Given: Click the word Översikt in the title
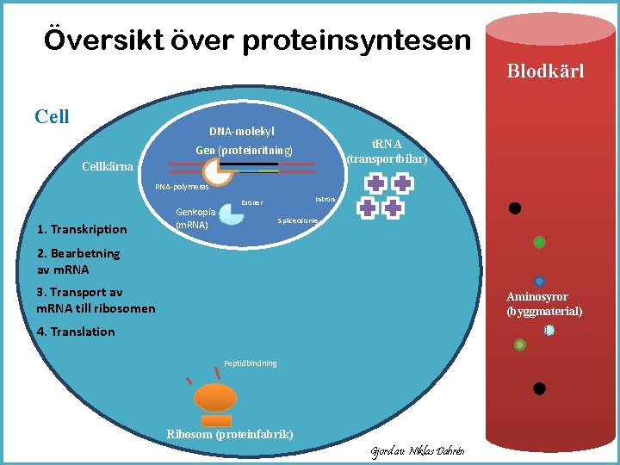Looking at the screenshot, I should pyautogui.click(x=90, y=40).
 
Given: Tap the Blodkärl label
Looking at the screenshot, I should pyautogui.click(x=545, y=71).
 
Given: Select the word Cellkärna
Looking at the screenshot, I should pyautogui.click(x=107, y=166).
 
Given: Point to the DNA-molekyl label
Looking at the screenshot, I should pyautogui.click(x=242, y=131).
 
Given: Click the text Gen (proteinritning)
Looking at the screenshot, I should pyautogui.click(x=244, y=151).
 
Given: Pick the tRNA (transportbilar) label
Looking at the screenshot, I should pyautogui.click(x=387, y=152).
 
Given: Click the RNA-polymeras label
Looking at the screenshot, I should pyautogui.click(x=182, y=187).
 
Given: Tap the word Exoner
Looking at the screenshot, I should pyautogui.click(x=252, y=203).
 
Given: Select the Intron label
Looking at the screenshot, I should pyautogui.click(x=325, y=199).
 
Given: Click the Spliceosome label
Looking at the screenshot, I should pyautogui.click(x=298, y=221).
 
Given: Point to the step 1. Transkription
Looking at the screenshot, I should pyautogui.click(x=82, y=229).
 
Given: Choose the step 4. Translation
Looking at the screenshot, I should pyautogui.click(x=76, y=332).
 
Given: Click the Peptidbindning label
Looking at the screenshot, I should pyautogui.click(x=250, y=363).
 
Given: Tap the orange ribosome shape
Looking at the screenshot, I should pyautogui.click(x=216, y=396).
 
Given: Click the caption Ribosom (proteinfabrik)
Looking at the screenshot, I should pyautogui.click(x=229, y=433).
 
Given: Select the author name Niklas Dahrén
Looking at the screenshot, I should pyautogui.click(x=440, y=451).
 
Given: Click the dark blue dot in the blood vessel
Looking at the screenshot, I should pyautogui.click(x=539, y=281).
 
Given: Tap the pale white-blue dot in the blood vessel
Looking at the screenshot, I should pyautogui.click(x=548, y=330).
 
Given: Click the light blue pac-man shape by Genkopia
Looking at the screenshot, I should pyautogui.click(x=230, y=213).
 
